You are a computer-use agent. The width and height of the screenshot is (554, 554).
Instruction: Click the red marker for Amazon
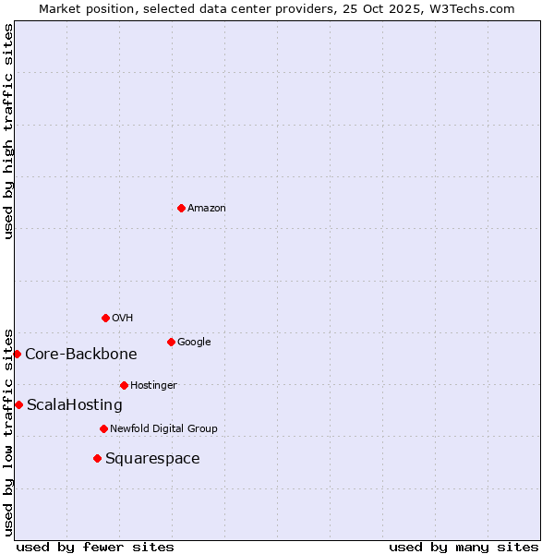pos(181,208)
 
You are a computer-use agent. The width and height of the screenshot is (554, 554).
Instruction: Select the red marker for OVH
pos(105,318)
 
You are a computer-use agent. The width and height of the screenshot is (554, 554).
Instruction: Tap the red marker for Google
pos(171,342)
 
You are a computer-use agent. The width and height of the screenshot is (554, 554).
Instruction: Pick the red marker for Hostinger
pos(124,385)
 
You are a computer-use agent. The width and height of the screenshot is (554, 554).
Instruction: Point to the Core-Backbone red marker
pos(17,354)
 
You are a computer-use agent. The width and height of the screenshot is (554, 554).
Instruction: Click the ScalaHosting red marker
pos(18,404)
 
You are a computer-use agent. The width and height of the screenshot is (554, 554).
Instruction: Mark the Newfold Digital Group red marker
pos(103,428)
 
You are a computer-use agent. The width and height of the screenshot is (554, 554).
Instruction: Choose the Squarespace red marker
pos(97,458)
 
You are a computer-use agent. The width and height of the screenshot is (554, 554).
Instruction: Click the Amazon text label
pos(207,209)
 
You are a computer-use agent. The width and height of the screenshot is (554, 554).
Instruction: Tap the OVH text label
pos(123,319)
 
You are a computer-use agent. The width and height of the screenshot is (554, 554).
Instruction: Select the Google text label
pos(194,343)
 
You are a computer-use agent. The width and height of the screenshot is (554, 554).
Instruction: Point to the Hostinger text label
pos(153,386)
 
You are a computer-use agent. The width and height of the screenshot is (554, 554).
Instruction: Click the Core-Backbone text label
pos(81,355)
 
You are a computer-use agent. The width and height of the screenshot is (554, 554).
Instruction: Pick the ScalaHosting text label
pos(75,405)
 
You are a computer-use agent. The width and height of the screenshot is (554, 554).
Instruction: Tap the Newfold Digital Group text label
pos(163,429)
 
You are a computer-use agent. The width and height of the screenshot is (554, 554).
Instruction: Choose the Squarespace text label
pos(152,459)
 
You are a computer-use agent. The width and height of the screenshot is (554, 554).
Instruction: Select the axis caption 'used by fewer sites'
pos(95,547)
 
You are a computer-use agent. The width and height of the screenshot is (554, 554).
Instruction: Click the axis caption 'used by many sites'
pos(464,547)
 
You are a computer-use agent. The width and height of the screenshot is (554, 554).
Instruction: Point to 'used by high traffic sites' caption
pos(8,131)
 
